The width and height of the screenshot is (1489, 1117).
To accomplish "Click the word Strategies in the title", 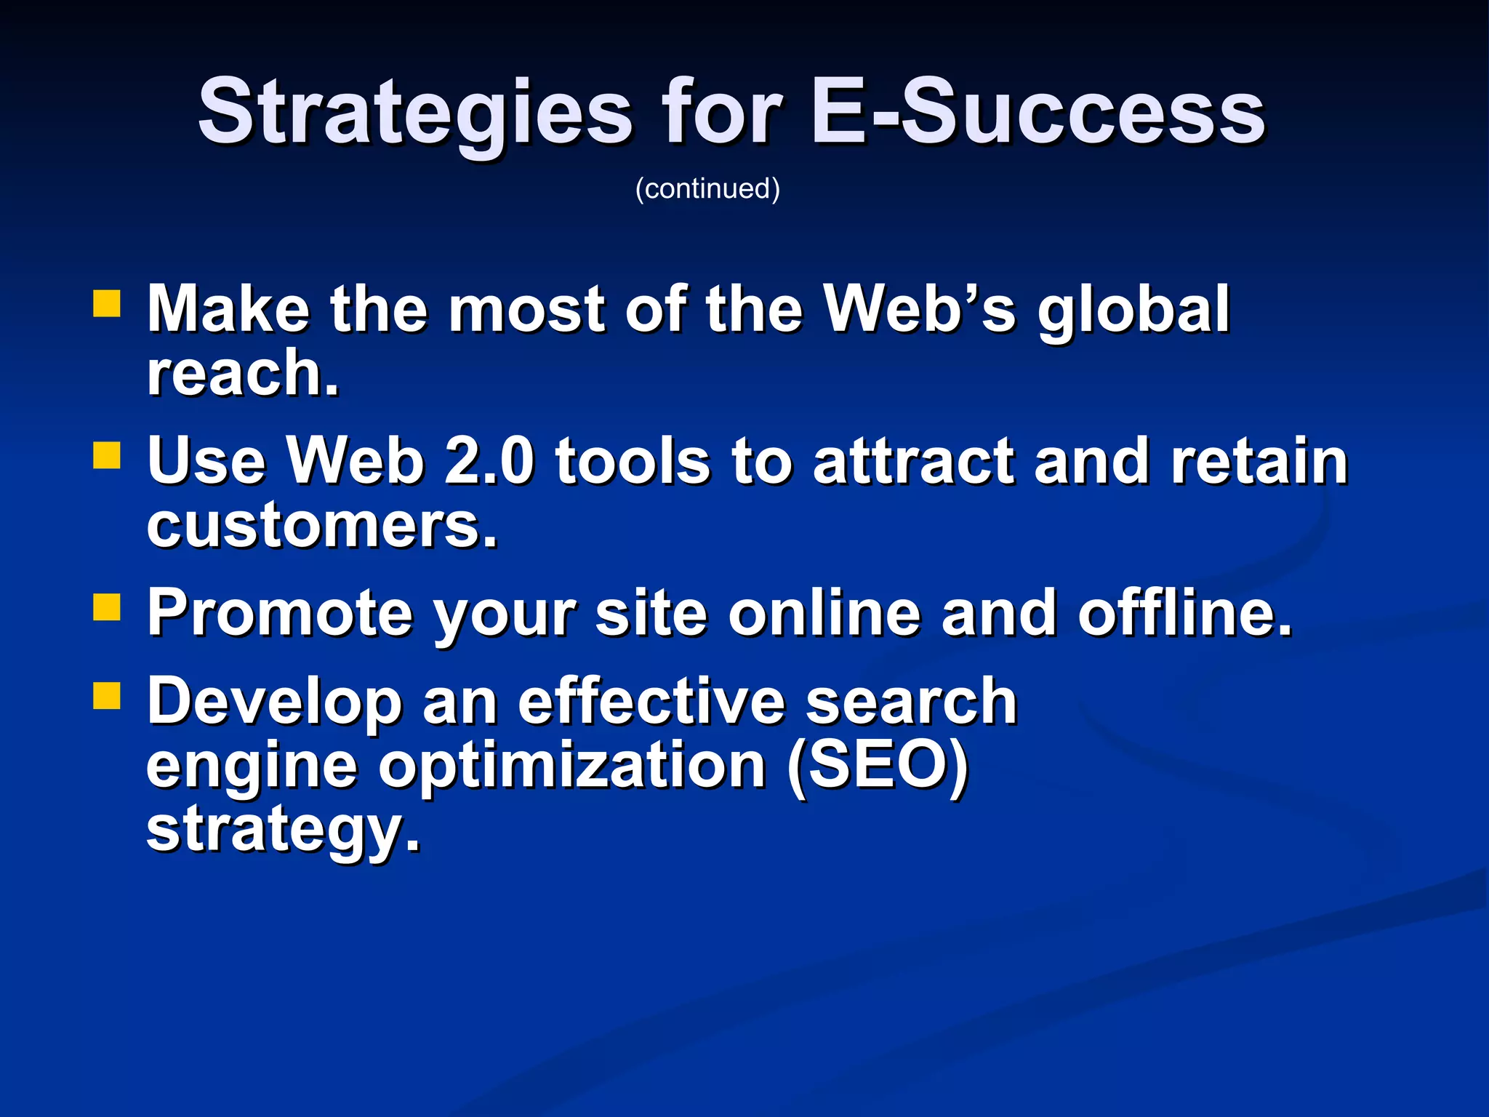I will tap(414, 113).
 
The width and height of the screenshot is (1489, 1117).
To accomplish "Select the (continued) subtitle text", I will tap(707, 188).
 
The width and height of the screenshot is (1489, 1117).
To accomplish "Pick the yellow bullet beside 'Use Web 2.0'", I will tap(107, 456).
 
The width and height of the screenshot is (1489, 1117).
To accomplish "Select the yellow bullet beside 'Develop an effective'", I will tap(107, 695).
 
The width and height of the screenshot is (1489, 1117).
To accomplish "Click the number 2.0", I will tap(489, 461).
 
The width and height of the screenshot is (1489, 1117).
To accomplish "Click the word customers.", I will tap(322, 525).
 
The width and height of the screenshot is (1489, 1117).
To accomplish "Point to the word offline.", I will tap(1185, 613).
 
